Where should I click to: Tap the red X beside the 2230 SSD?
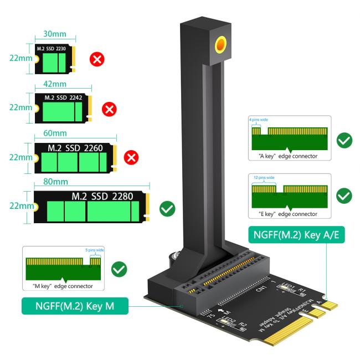tap(97, 59)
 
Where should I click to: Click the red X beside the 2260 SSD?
tap(131, 158)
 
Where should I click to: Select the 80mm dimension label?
tap(88, 181)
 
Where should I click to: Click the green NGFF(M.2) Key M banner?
tap(74, 305)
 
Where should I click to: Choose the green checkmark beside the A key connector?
tap(344, 140)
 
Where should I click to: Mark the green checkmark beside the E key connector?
tap(344, 195)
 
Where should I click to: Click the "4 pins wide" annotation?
tap(258, 119)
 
